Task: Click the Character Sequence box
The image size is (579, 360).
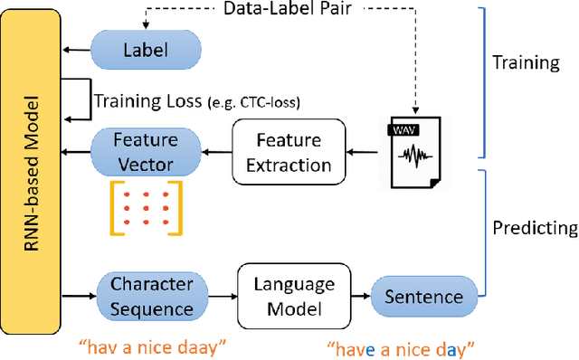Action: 152,297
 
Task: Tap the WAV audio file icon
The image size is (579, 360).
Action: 412,153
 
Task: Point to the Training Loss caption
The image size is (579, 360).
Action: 197,102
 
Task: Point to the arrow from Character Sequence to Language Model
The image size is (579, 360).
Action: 223,297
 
